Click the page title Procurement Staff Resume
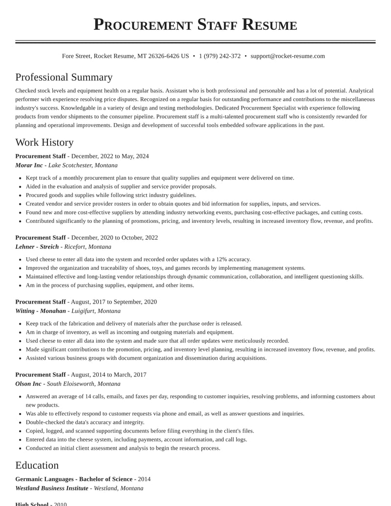click(195, 24)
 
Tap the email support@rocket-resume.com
click(287, 56)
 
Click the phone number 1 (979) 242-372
click(219, 56)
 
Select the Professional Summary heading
click(64, 77)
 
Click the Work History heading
click(44, 142)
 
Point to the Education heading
click(37, 465)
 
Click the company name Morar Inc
click(29, 165)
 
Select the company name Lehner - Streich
click(37, 247)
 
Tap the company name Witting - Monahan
click(41, 311)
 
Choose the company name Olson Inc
click(28, 384)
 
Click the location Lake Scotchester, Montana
click(83, 165)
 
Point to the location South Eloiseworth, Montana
click(84, 384)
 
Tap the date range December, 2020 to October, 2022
click(114, 238)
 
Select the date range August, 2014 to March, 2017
click(109, 375)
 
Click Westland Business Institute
click(52, 488)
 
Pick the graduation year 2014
click(144, 479)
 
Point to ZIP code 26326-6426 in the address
click(163, 56)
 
